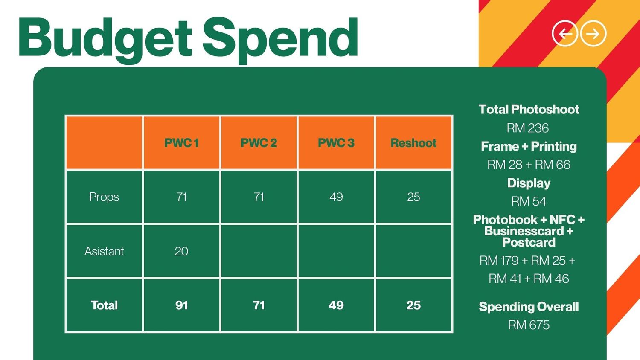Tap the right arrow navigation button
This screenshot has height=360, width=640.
[x=593, y=33]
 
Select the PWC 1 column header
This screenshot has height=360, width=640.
[x=181, y=142]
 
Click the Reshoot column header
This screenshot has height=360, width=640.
[x=413, y=142]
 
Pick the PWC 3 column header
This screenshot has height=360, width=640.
[x=336, y=142]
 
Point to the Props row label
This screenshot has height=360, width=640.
[x=104, y=197]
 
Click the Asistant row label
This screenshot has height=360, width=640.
[x=104, y=251]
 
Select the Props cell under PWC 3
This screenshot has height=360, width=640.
[x=336, y=197]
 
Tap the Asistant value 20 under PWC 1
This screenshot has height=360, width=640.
[x=181, y=251]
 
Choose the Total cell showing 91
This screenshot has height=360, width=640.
[x=181, y=305]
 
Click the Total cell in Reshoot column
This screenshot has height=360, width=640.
[x=413, y=305]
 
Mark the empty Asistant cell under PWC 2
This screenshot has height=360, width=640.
[x=259, y=251]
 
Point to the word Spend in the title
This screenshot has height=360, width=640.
[x=280, y=41]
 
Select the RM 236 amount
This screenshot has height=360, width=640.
[x=528, y=128]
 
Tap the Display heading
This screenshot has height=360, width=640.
[x=529, y=183]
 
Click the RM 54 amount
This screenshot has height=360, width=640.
[x=529, y=201]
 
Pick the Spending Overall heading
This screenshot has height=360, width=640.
[x=529, y=307]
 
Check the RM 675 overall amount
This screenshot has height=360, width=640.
[x=529, y=325]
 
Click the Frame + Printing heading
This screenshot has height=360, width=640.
[x=529, y=147]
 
